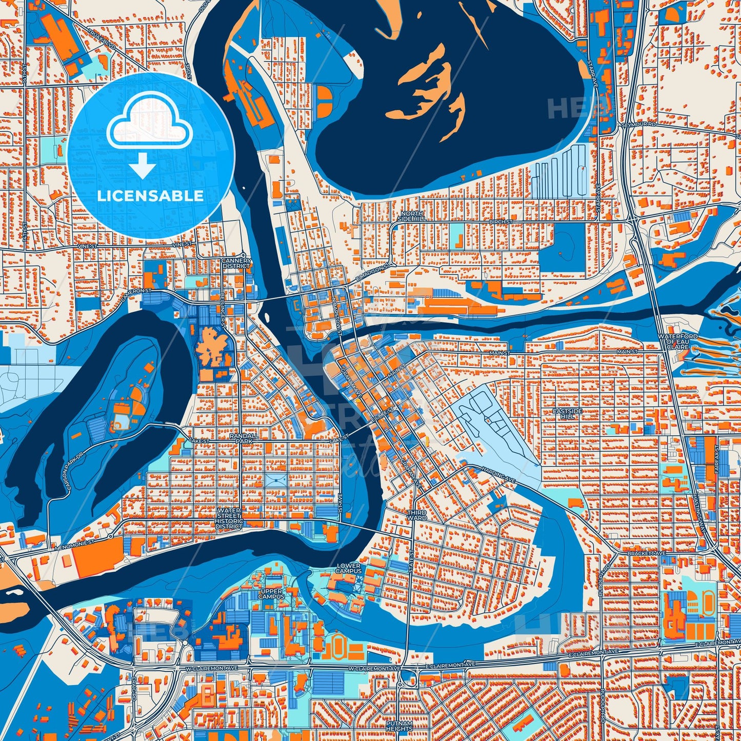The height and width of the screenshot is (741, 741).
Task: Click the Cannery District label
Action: pyautogui.click(x=236, y=263)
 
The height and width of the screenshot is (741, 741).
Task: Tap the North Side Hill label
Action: pyautogui.click(x=412, y=216)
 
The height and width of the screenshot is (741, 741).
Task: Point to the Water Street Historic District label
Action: pyautogui.click(x=229, y=518)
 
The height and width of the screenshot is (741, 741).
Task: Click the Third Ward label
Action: pyautogui.click(x=416, y=515)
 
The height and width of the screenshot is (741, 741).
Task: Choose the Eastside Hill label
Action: pyautogui.click(x=568, y=414)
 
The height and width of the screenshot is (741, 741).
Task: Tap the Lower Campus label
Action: pyautogui.click(x=349, y=568)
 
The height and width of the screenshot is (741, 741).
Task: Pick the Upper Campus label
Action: pyautogui.click(x=271, y=594)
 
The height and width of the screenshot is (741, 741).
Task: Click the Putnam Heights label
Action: pyautogui.click(x=399, y=726)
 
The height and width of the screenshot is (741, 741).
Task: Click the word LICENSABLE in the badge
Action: pyautogui.click(x=150, y=196)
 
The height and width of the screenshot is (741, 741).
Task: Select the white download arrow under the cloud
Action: pyautogui.click(x=142, y=167)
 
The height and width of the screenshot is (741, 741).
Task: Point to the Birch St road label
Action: pyautogui.click(x=501, y=222)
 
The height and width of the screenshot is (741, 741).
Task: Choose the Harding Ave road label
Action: pyautogui.click(x=498, y=472)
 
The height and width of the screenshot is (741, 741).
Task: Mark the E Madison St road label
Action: pyautogui.click(x=372, y=274)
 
